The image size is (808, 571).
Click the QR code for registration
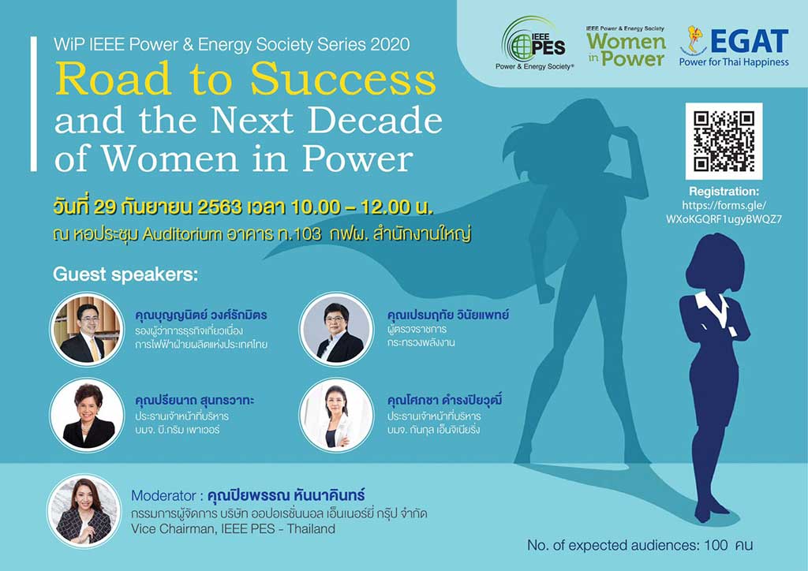click(x=724, y=141)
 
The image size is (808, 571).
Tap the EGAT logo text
click(x=750, y=41)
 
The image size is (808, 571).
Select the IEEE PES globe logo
click(x=534, y=43)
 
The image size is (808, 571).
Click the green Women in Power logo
click(x=626, y=47)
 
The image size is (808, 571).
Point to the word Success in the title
click(x=343, y=79)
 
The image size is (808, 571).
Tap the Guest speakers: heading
click(x=125, y=274)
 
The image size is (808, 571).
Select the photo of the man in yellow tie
click(x=87, y=329)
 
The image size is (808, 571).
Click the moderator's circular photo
click(x=84, y=511)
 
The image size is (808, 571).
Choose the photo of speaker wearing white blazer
click(x=336, y=416)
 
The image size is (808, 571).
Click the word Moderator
click(x=163, y=496)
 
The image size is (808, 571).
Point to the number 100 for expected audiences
click(x=716, y=545)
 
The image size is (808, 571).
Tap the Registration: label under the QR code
click(x=724, y=192)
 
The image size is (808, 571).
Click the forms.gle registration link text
click(x=724, y=212)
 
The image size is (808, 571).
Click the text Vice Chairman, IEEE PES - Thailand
click(x=233, y=528)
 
